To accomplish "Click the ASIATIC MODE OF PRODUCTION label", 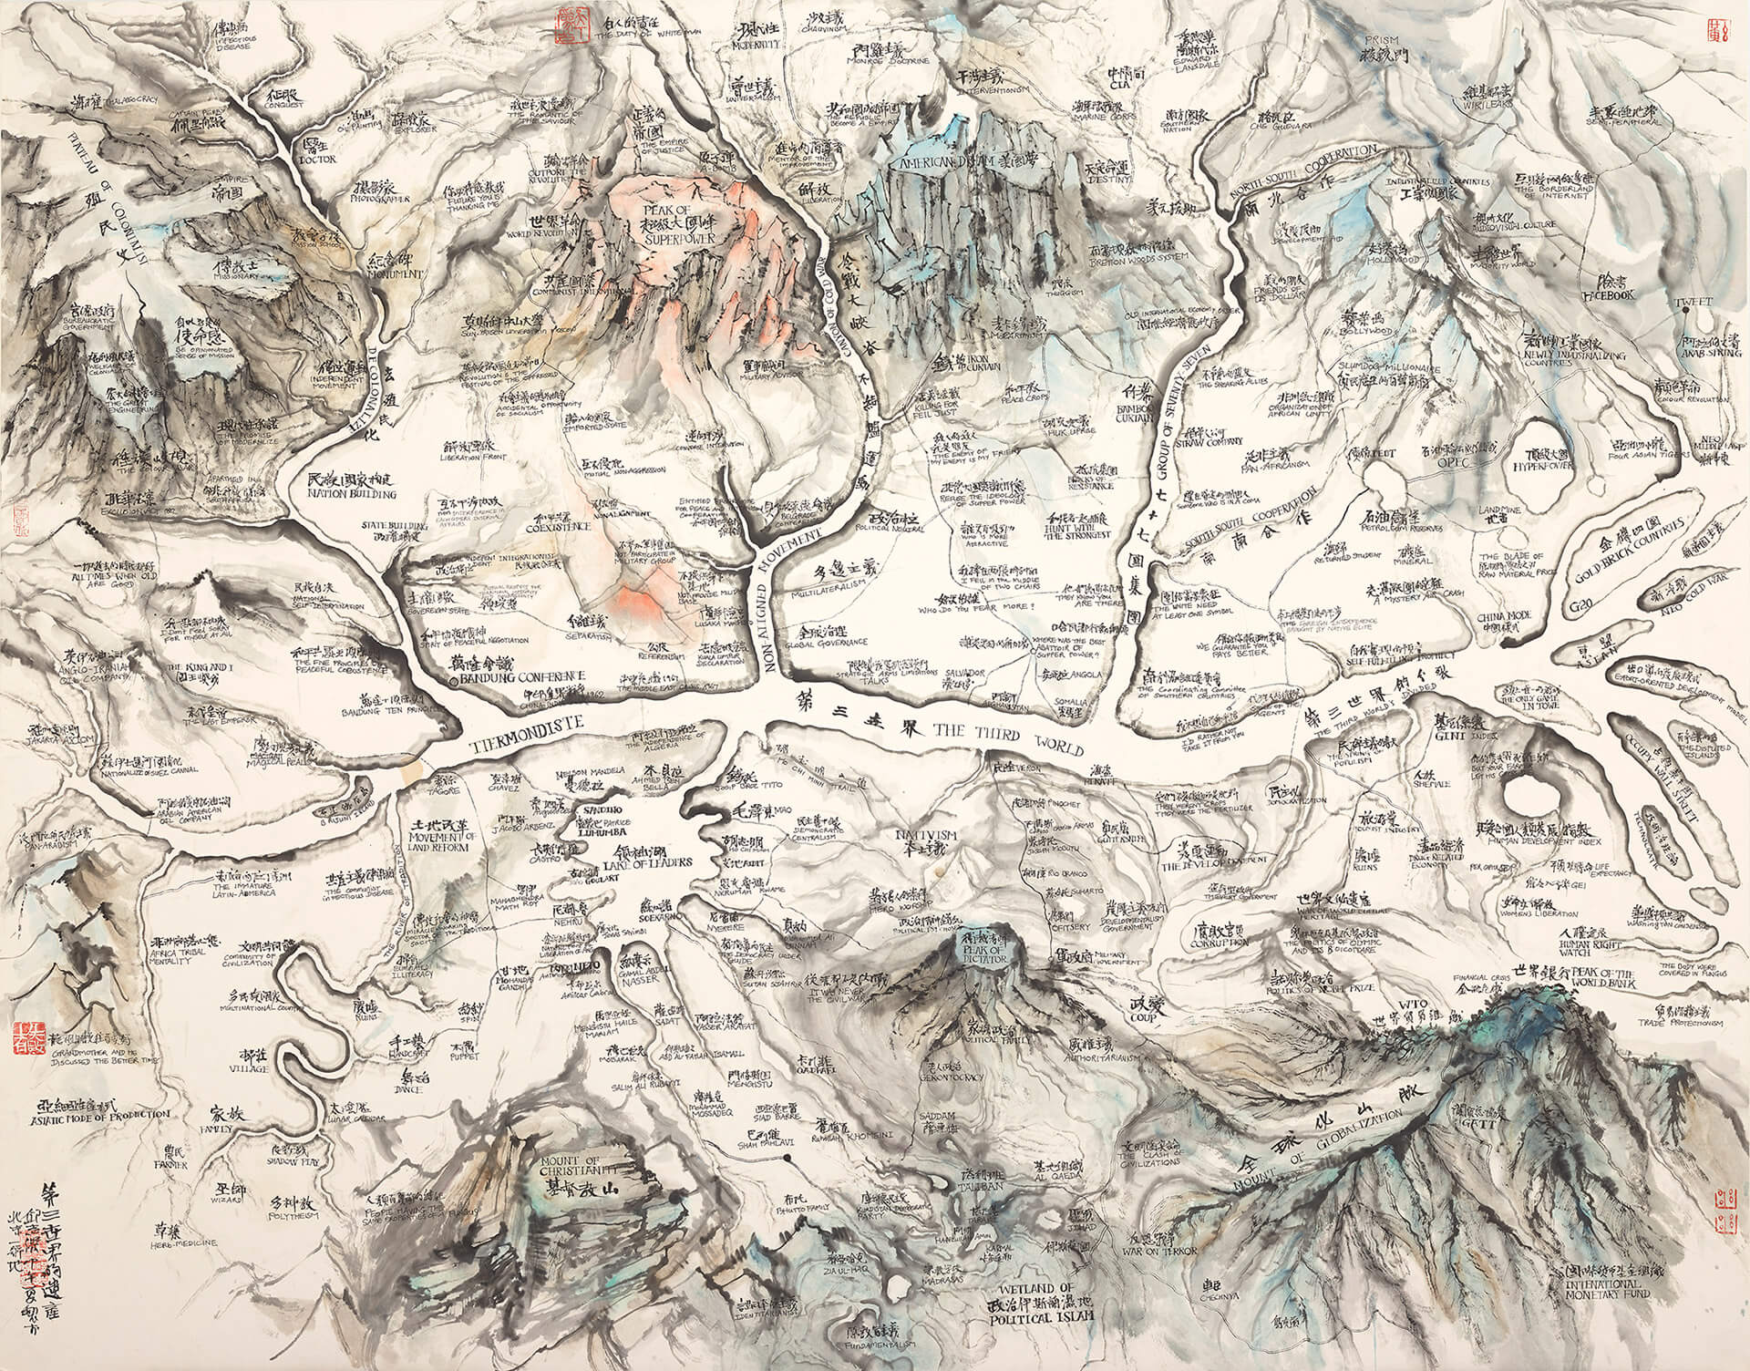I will coord(100,1116).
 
